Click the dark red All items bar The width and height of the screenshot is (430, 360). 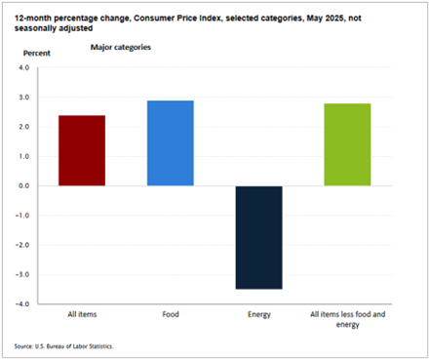[82, 150]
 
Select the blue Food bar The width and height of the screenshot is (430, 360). [170, 143]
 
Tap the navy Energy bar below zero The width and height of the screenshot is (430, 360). [258, 237]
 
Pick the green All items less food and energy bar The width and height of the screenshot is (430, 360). [347, 144]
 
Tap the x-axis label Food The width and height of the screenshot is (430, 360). [170, 316]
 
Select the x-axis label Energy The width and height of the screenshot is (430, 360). [258, 316]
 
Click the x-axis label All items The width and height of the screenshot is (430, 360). [82, 316]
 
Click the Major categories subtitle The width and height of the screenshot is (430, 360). [120, 46]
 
